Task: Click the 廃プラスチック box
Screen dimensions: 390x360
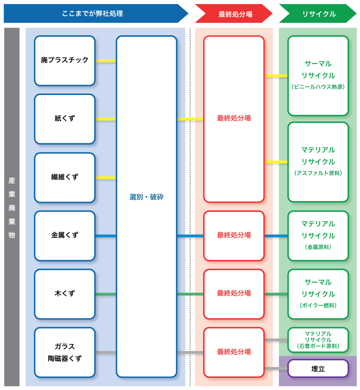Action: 65,60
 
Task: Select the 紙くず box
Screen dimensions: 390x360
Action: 65,119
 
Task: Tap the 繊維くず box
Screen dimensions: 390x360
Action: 65,177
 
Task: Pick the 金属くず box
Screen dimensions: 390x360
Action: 65,236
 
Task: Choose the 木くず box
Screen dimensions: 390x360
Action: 65,294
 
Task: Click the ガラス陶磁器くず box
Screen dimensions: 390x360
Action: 65,352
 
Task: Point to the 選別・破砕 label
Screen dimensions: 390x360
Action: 147,197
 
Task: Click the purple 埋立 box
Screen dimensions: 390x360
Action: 318,369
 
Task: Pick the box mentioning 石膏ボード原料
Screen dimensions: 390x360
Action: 318,340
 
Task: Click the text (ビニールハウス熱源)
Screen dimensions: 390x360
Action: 318,87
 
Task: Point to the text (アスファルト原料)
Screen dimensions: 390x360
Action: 318,173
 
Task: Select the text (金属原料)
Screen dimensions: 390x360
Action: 318,247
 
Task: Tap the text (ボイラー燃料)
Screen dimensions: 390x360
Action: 318,305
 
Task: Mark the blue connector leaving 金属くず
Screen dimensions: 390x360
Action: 106,236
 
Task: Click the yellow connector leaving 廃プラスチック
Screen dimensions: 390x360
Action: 106,61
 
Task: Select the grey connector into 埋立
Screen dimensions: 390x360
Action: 276,368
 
